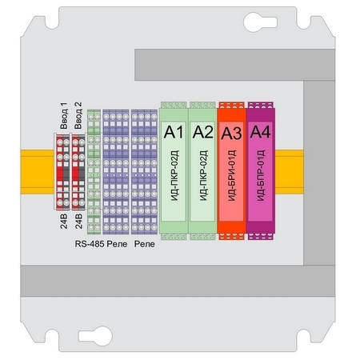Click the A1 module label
click(174, 132)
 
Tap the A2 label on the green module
click(203, 132)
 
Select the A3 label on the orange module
click(231, 133)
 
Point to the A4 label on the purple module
click(260, 132)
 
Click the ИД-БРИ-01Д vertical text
click(232, 175)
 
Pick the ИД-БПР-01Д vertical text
click(261, 175)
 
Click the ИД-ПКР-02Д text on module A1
click(174, 175)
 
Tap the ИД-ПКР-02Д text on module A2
click(203, 175)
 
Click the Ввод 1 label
click(64, 115)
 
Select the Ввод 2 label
click(78, 115)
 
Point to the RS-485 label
click(90, 244)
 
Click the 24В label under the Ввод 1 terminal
click(64, 221)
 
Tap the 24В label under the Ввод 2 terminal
click(78, 221)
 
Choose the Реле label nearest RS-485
click(117, 244)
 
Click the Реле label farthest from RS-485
click(145, 244)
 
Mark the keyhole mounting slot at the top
click(260, 22)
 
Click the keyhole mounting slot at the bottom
click(95, 336)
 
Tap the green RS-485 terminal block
click(94, 172)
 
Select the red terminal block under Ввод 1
click(63, 172)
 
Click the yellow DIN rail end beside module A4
click(290, 172)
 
